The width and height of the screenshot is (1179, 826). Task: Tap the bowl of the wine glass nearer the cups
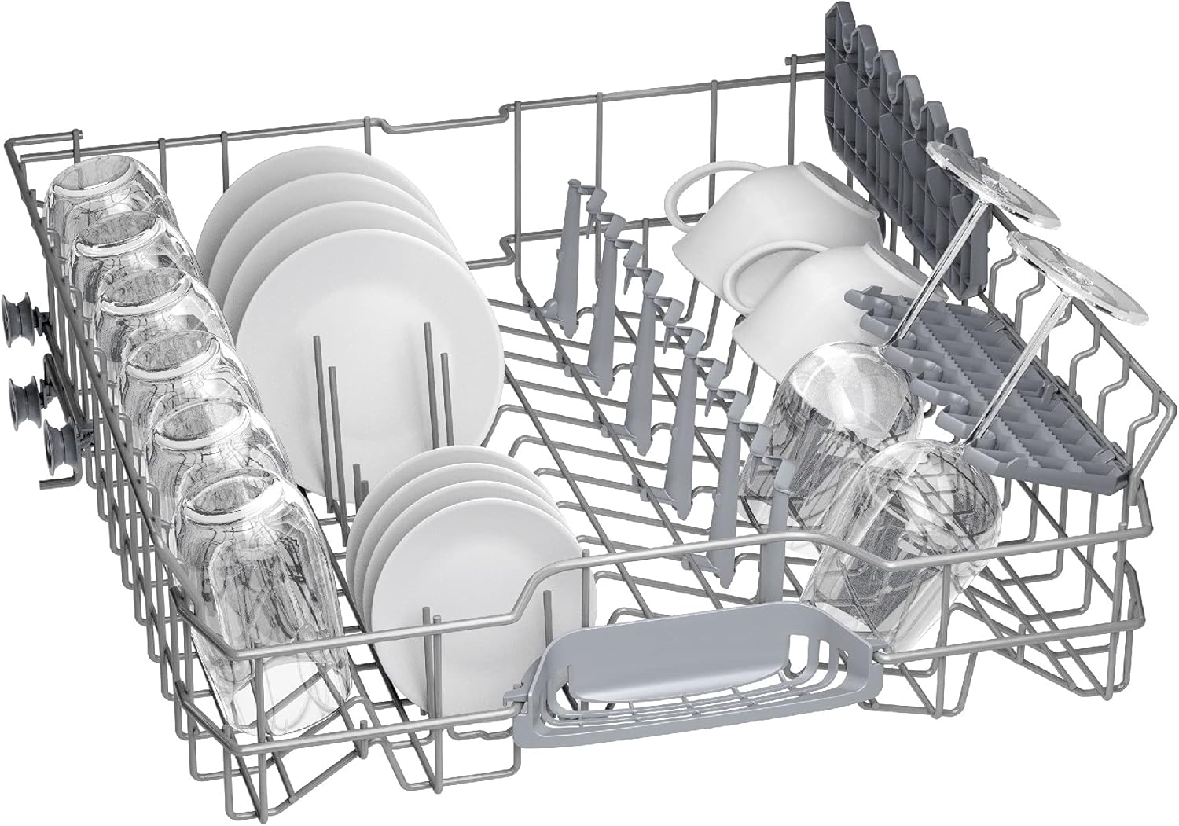point(841,409)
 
